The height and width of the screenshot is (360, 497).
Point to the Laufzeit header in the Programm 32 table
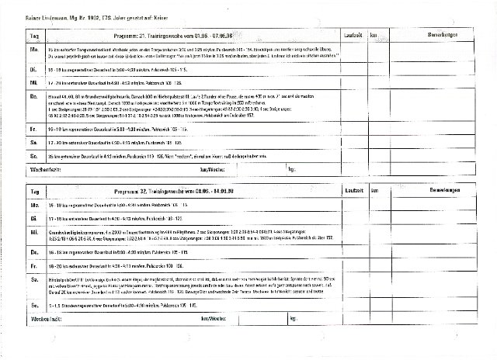click(x=356, y=189)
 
